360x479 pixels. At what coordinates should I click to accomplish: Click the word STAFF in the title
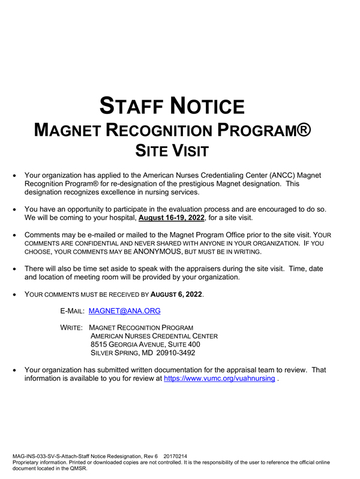click(132, 106)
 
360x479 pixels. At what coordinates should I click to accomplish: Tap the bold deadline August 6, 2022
click(176, 295)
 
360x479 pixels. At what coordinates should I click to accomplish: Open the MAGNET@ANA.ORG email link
click(124, 311)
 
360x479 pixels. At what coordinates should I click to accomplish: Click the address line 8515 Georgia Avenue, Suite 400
click(145, 345)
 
